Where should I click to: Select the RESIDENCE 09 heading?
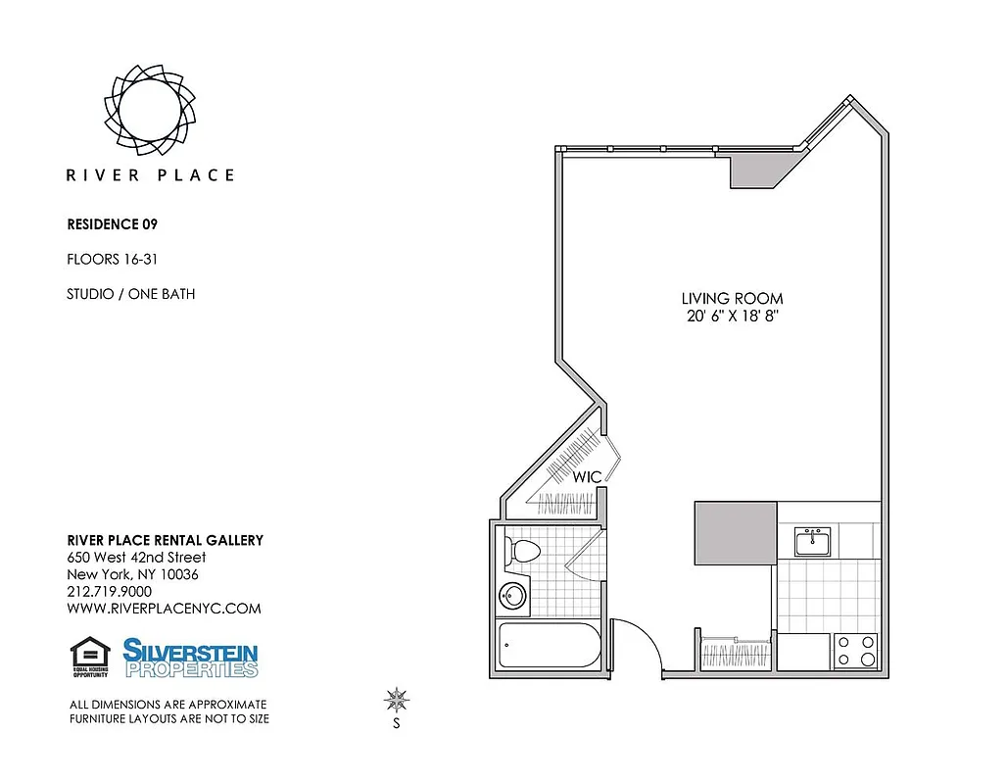tap(112, 224)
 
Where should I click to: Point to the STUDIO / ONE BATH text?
tap(130, 293)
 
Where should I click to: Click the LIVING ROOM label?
tap(733, 298)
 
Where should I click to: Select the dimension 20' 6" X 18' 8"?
tap(733, 316)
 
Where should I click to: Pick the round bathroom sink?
tap(512, 595)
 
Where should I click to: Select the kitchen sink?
tap(813, 541)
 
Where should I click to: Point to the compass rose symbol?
tap(397, 700)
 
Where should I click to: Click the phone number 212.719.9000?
tap(109, 591)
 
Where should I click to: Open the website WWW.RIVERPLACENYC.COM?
tap(164, 609)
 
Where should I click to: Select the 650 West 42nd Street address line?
tap(136, 558)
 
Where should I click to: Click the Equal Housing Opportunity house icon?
tap(91, 657)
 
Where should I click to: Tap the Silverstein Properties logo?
tap(191, 658)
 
